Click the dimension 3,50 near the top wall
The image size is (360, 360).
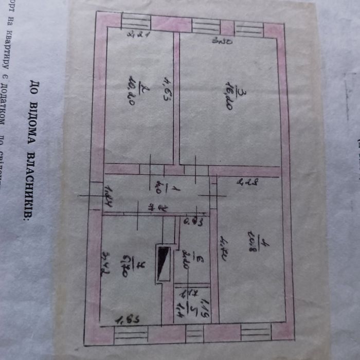(222, 41)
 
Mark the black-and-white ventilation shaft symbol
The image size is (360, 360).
(164, 264)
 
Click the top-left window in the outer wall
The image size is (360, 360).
(136, 22)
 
